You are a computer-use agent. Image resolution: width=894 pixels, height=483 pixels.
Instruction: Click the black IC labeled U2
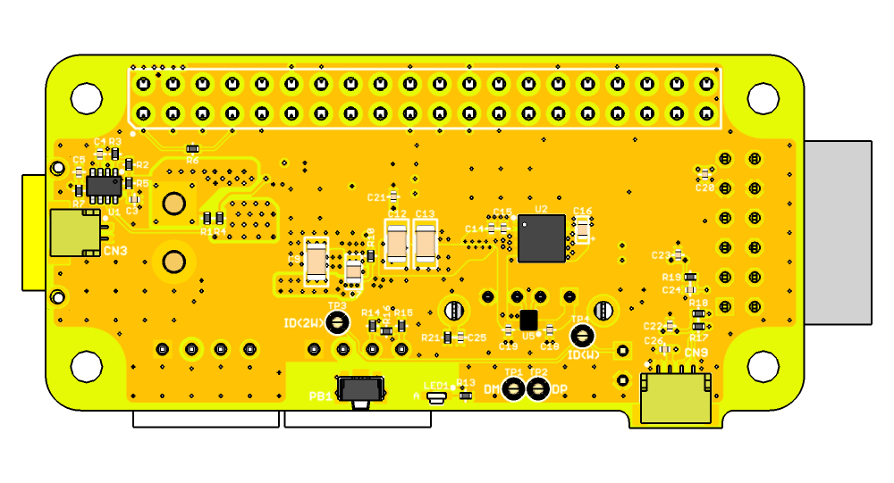pyautogui.click(x=542, y=238)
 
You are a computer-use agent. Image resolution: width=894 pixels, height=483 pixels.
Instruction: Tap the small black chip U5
pyautogui.click(x=528, y=320)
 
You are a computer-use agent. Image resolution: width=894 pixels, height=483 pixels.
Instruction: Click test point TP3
pyautogui.click(x=337, y=321)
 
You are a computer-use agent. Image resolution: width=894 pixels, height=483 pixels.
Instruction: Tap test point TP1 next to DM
pyautogui.click(x=513, y=388)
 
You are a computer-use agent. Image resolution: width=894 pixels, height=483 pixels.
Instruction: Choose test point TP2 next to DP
pyautogui.click(x=537, y=388)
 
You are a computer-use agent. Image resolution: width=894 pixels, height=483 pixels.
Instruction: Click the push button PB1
pyautogui.click(x=361, y=390)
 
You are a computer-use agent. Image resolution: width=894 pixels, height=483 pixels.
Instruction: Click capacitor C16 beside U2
pyautogui.click(x=583, y=232)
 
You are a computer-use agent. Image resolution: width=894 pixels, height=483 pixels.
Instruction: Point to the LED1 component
pyautogui.click(x=437, y=397)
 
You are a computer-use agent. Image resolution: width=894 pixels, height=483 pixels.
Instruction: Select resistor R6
pyautogui.click(x=192, y=149)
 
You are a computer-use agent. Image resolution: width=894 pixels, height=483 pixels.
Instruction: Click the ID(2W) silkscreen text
pyautogui.click(x=304, y=323)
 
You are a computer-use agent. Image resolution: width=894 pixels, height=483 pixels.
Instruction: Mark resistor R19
pyautogui.click(x=690, y=277)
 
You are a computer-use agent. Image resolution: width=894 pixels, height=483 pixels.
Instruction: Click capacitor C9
pyautogui.click(x=316, y=262)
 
